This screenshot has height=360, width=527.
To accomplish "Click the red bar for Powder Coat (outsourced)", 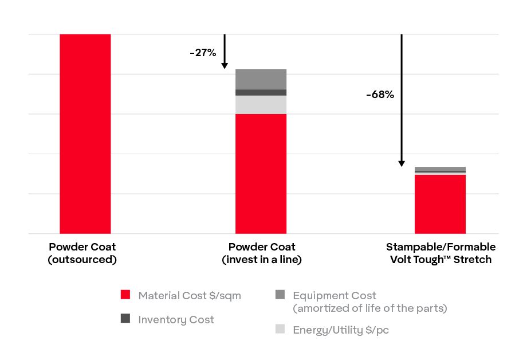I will (x=85, y=134).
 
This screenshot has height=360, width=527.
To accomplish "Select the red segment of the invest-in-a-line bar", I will (x=261, y=174).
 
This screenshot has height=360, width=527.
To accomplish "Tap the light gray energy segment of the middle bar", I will (x=261, y=104).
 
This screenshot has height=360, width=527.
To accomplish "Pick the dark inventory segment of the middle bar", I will (x=261, y=92).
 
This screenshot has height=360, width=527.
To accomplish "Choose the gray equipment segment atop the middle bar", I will (x=261, y=79).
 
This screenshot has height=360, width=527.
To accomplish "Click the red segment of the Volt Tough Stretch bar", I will (x=440, y=204).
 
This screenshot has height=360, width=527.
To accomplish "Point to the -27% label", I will (x=203, y=53).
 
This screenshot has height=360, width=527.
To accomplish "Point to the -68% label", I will (x=380, y=95).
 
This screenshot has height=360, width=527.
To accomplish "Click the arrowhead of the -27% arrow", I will (x=225, y=65).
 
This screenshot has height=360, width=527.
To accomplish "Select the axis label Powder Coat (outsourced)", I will (x=82, y=253).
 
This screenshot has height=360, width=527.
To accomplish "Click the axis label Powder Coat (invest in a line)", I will (x=262, y=253).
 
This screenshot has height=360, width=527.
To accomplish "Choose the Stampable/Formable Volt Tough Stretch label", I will (x=441, y=253).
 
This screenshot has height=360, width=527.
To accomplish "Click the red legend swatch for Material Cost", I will (x=126, y=295).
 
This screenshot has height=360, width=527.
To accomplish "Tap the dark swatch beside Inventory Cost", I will (x=126, y=319).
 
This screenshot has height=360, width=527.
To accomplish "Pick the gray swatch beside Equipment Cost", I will (x=280, y=295).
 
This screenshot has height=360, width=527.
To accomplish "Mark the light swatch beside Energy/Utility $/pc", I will (x=280, y=329).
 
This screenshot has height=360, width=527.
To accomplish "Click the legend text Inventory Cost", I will (x=176, y=319).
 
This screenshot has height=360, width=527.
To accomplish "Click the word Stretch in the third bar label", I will (x=473, y=259).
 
